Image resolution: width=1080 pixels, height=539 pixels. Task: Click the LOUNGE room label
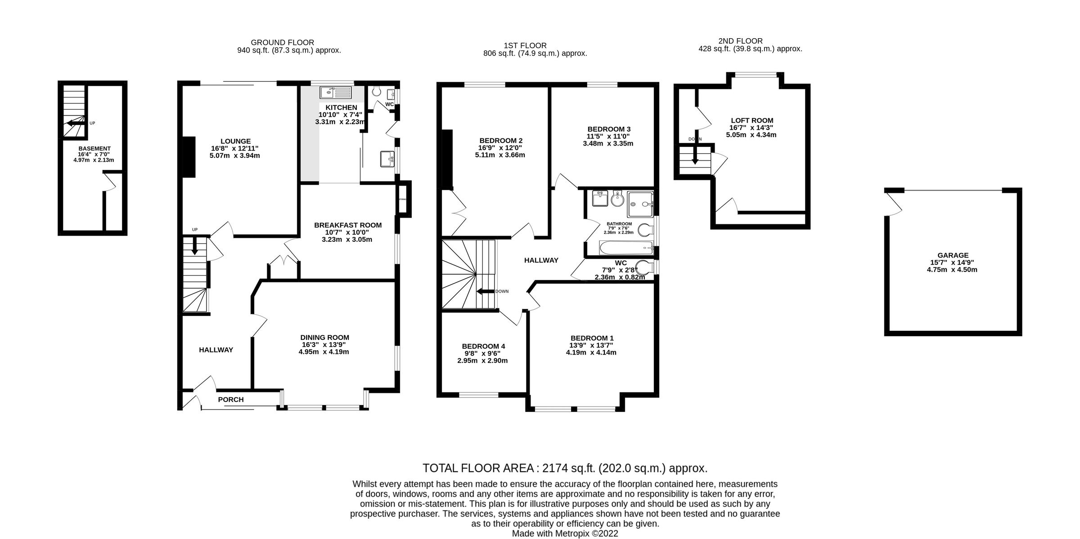235,141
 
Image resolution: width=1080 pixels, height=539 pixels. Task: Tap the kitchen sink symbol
335,93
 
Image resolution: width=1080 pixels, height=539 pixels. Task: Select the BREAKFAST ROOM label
347,225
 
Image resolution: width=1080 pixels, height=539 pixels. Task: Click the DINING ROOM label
324,338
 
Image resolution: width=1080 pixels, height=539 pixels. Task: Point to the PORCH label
231,400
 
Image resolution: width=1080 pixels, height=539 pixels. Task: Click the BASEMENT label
94,148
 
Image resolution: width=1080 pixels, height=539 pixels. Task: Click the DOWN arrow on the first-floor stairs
486,291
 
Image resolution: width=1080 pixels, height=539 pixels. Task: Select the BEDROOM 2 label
500,141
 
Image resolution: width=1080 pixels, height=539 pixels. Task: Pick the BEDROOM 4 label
483,346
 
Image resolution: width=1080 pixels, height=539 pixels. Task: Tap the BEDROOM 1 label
592,338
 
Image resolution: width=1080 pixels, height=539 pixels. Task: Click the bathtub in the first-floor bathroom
625,247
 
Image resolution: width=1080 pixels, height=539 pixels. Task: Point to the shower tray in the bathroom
640,204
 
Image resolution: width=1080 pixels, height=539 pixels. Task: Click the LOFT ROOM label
751,120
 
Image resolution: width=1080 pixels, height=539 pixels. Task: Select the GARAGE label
953,255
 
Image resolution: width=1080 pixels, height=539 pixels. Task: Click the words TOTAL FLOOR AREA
478,468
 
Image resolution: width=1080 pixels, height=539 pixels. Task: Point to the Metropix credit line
565,534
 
